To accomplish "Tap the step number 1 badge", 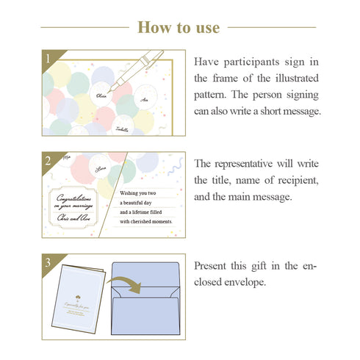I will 48,57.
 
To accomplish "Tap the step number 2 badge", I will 48,159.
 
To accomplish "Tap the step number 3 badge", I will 48,261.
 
